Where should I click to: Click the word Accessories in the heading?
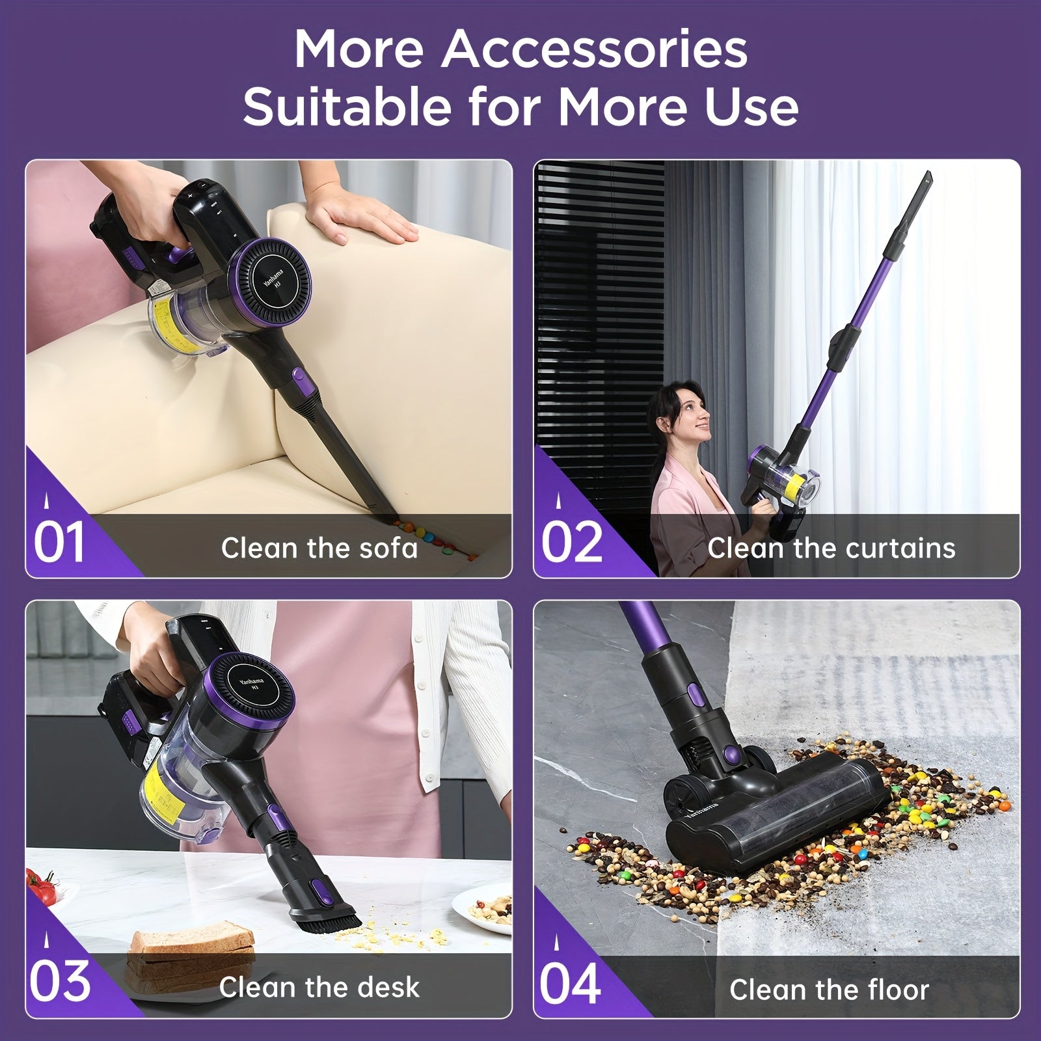(x=595, y=49)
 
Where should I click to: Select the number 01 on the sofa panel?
(x=59, y=543)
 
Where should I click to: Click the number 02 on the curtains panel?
(x=572, y=543)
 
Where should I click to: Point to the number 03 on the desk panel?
(x=60, y=982)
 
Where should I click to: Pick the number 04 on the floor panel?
(x=570, y=984)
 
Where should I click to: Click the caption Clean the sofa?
(x=319, y=548)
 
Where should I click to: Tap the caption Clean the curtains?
(x=831, y=548)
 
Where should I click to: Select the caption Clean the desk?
(x=319, y=987)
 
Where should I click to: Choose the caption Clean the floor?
(x=829, y=990)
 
